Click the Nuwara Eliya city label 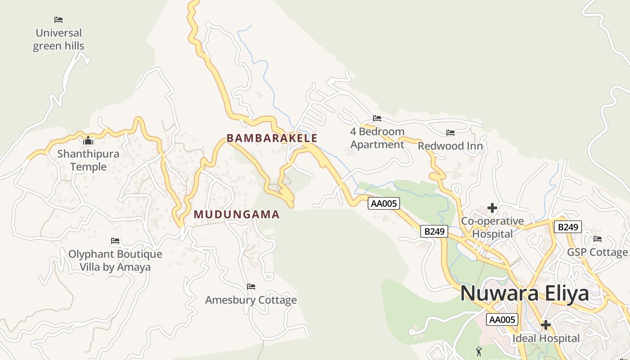(524, 293)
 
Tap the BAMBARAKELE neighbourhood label (272, 138)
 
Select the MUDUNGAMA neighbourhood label (237, 215)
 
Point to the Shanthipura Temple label (88, 160)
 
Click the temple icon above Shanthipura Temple (88, 141)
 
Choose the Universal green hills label (58, 39)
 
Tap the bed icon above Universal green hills (58, 20)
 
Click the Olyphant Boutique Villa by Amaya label (115, 261)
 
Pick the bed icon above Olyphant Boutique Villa (115, 241)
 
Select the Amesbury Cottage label (251, 300)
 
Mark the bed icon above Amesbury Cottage (251, 287)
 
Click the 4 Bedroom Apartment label (377, 138)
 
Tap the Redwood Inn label (450, 146)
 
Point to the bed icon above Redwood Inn (450, 133)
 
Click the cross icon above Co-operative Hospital (492, 208)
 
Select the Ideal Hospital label (546, 338)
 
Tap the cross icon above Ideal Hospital (546, 325)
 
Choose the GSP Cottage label (597, 252)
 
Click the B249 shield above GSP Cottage (567, 227)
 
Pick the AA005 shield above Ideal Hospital (502, 320)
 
